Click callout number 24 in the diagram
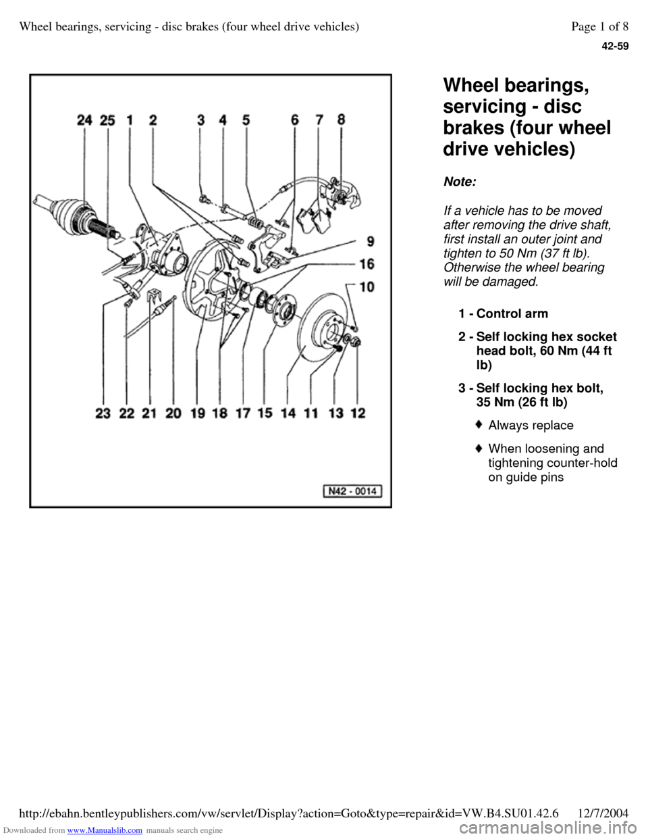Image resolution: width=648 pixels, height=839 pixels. point(85,120)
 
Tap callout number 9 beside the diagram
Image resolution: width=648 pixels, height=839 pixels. point(371,242)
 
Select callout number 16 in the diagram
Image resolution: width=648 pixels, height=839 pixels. point(367,264)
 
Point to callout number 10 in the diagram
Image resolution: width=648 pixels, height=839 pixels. point(367,287)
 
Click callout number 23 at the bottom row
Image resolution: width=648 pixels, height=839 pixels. point(103,413)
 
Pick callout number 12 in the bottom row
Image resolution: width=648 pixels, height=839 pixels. point(358,413)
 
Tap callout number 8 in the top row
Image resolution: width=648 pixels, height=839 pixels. point(342,120)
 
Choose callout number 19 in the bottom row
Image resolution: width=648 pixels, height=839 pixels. point(198,413)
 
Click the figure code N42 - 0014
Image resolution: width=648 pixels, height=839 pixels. point(352,491)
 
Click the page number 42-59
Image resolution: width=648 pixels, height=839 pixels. point(615,47)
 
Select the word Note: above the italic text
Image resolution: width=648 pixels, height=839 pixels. point(460,182)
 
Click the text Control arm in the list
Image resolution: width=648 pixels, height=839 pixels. point(512,313)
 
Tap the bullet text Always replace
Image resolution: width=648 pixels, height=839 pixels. point(531,425)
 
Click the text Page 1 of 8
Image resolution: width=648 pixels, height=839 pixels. point(600,26)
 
